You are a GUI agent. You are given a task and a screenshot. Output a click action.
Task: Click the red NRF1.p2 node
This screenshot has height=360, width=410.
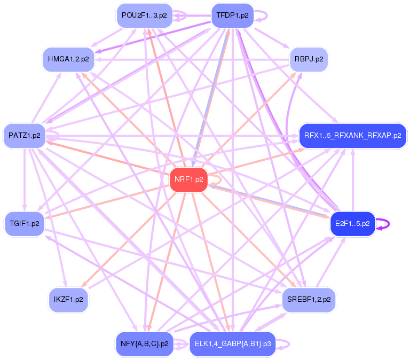(x=188, y=179)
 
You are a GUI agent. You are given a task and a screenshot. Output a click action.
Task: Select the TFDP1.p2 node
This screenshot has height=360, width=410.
(x=233, y=15)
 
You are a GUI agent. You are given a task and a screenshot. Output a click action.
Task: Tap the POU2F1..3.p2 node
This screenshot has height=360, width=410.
(x=144, y=15)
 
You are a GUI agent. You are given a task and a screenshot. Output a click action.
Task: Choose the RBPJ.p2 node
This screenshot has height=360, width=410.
(x=309, y=59)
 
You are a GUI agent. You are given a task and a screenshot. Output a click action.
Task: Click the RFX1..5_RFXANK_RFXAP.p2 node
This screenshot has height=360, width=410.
(x=352, y=136)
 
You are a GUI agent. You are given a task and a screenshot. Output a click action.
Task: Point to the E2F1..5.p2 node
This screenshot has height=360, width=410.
(x=352, y=223)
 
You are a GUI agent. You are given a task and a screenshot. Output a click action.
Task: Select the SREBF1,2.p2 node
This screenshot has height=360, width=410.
(x=309, y=300)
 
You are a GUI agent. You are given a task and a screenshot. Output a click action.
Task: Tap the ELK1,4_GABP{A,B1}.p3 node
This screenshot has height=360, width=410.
(x=233, y=344)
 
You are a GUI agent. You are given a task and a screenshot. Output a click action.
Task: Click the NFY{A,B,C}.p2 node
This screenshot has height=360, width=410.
(x=144, y=344)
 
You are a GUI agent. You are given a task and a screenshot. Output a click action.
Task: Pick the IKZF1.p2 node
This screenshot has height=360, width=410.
(x=68, y=300)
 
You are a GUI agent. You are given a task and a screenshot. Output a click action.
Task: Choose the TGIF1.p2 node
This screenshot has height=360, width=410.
(x=25, y=223)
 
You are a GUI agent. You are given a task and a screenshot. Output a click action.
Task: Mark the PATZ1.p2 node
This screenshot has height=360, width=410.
(x=25, y=136)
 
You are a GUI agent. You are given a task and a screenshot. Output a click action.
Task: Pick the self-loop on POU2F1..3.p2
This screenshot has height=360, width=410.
(x=180, y=15)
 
